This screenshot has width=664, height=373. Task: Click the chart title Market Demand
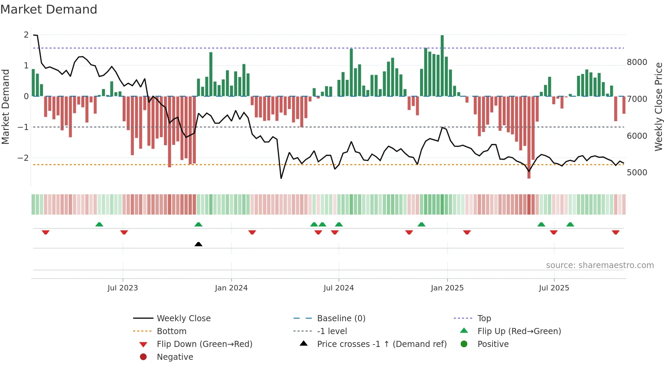tap(49, 9)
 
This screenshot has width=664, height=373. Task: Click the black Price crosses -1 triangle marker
tap(199, 244)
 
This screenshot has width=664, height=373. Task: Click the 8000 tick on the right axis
tap(637, 62)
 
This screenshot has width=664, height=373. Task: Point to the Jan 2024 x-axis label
tap(231, 288)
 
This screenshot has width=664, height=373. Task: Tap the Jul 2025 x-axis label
tap(554, 288)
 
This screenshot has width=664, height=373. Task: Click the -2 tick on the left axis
tap(23, 158)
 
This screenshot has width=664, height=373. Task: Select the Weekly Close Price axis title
tap(658, 107)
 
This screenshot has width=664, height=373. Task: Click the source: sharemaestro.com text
tap(600, 265)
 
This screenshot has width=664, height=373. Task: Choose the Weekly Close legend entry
tap(183, 319)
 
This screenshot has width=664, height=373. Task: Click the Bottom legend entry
tap(171, 331)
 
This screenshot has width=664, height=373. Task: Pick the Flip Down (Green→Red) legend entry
tap(204, 344)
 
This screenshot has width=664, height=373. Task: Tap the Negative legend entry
tap(175, 357)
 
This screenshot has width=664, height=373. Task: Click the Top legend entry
tap(484, 319)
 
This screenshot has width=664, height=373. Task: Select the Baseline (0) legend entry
tap(341, 319)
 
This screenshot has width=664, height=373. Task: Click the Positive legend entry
tap(493, 344)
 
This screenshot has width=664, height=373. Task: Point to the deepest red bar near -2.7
tap(529, 137)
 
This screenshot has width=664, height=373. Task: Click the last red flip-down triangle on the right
tap(616, 232)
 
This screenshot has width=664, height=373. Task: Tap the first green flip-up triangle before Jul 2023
tap(99, 224)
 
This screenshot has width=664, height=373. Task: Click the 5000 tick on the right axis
tap(637, 173)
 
